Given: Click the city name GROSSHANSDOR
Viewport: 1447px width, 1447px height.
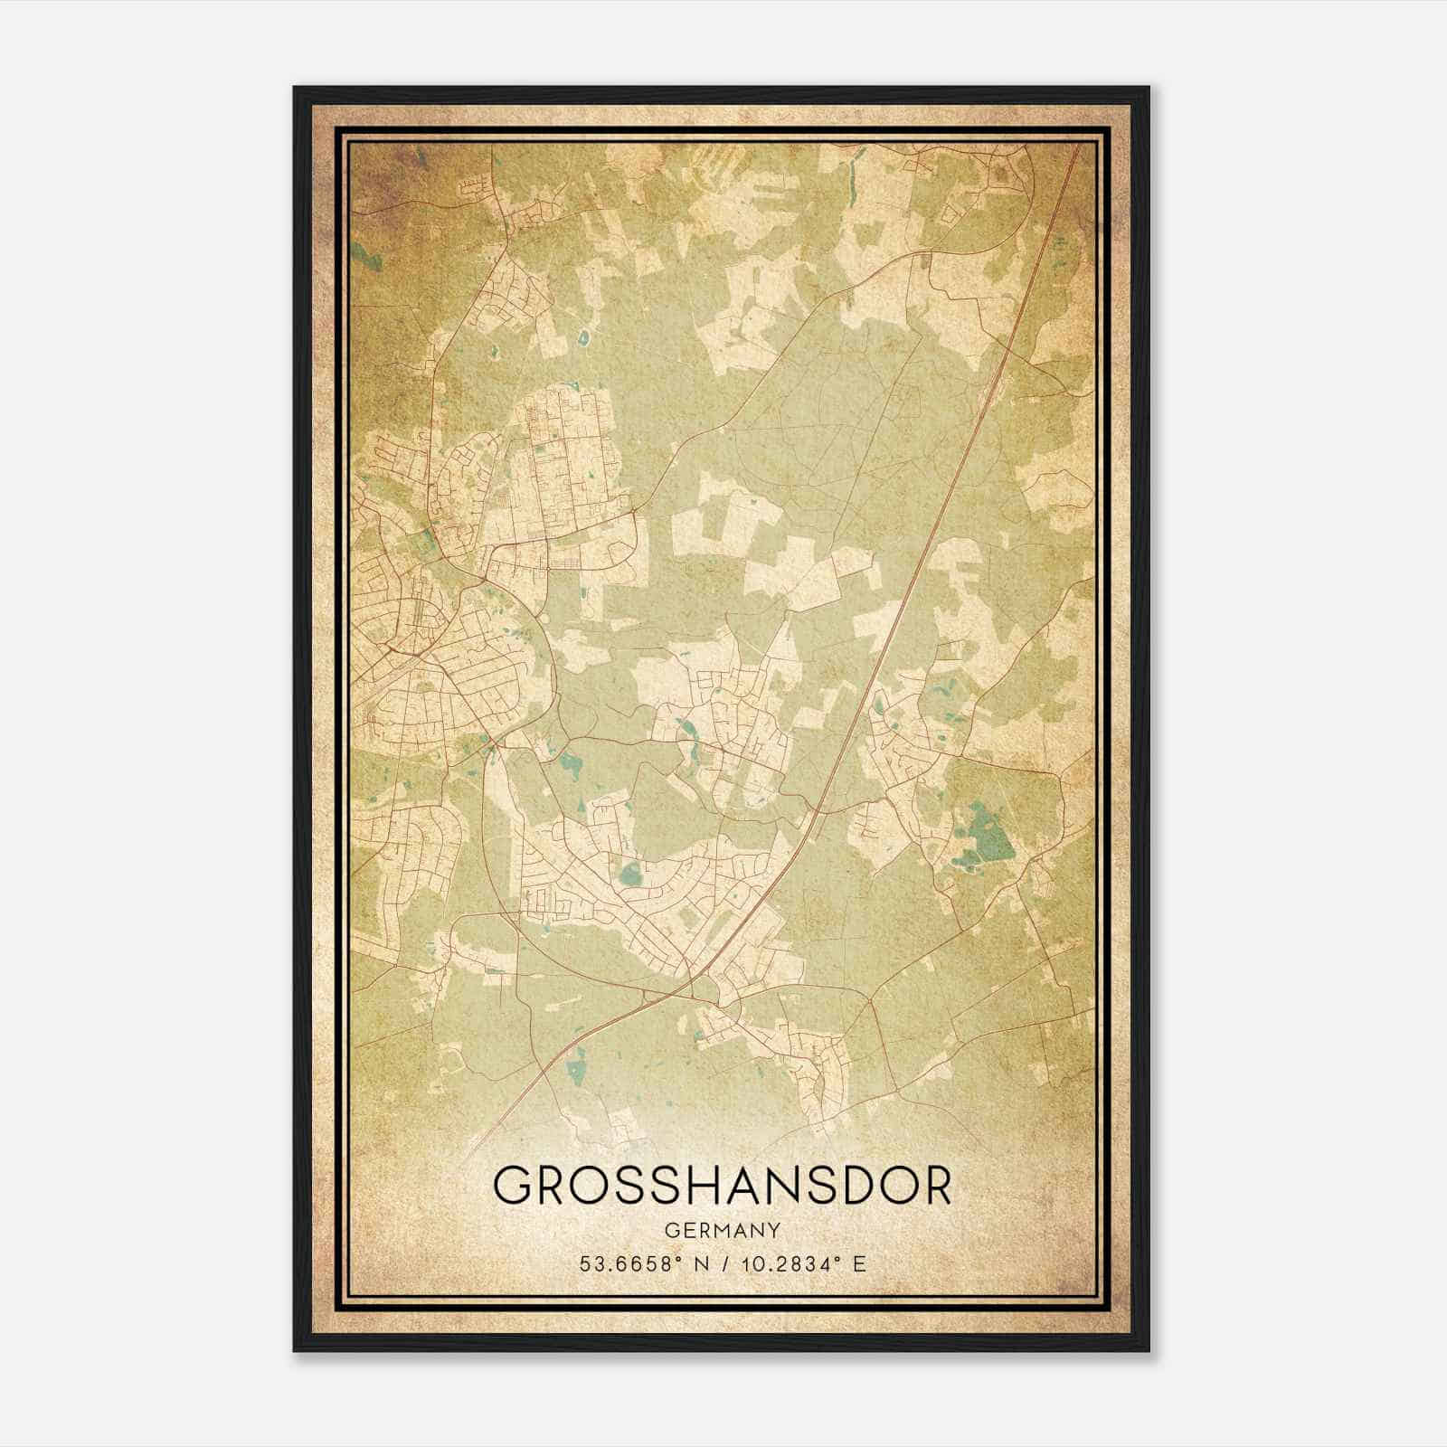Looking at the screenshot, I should click(x=722, y=1186).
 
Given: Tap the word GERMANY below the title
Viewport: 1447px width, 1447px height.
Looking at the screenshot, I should click(x=722, y=1230).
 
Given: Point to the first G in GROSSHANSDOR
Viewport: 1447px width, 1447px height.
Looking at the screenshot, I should click(x=513, y=1186).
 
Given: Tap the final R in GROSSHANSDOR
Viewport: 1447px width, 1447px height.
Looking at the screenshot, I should click(x=937, y=1186).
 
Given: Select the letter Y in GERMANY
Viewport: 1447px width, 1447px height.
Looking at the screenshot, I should click(x=771, y=1230).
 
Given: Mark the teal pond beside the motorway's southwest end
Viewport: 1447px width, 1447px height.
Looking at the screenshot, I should click(x=574, y=1073).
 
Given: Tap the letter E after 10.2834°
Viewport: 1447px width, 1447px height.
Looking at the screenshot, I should click(x=860, y=1263).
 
